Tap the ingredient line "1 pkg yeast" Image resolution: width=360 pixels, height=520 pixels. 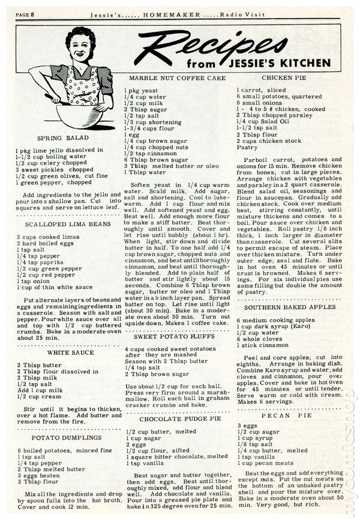(x=142, y=91)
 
